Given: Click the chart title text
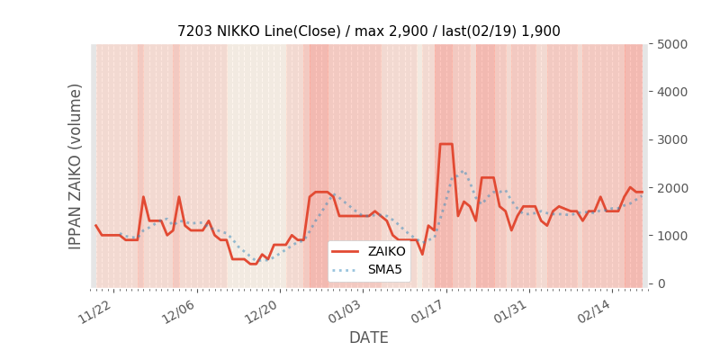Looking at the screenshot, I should coord(368,31).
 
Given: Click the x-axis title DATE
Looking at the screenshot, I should coord(368,338).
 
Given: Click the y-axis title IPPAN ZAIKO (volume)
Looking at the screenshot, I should coord(76,166).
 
